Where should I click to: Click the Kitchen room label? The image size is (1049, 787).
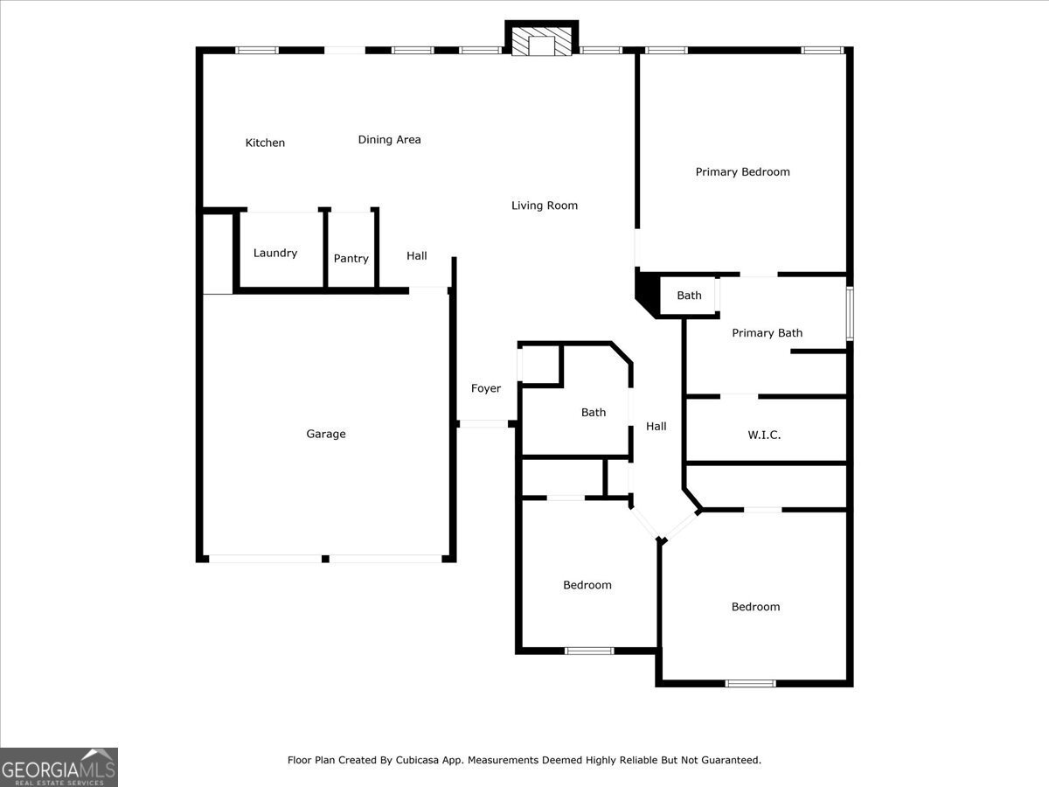tap(265, 143)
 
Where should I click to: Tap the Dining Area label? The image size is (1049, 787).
tap(390, 140)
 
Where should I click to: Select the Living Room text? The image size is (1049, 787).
tap(545, 205)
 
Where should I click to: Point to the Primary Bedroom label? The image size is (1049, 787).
tap(742, 172)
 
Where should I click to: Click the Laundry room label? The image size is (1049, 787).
tap(275, 253)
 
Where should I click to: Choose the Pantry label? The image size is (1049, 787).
tap(351, 259)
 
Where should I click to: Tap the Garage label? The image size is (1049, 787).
tap(326, 434)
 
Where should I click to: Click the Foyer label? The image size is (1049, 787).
tap(486, 388)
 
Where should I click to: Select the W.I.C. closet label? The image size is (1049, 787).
tap(764, 435)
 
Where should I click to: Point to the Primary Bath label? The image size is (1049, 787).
tap(767, 333)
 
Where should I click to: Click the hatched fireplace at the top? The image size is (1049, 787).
tap(541, 41)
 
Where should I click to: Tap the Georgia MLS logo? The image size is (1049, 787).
tap(59, 768)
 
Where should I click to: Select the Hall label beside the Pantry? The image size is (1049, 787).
tap(417, 256)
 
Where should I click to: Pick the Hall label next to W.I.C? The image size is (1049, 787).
tap(656, 426)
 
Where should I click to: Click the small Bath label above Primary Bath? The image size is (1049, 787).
tap(689, 296)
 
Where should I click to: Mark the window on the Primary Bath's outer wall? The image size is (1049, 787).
tap(850, 313)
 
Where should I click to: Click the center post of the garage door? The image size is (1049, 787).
tap(325, 559)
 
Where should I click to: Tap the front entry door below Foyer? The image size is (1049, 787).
tap(483, 424)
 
